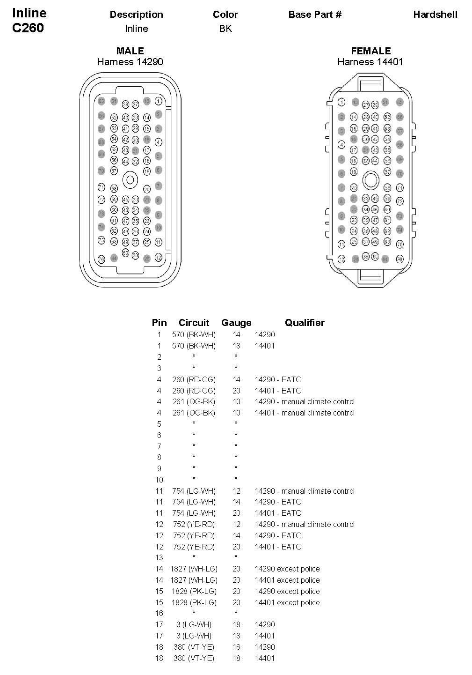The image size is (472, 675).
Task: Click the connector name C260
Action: click(28, 28)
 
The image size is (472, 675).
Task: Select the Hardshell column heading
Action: click(435, 15)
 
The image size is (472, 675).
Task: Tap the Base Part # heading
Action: click(315, 15)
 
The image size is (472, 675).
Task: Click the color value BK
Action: click(225, 29)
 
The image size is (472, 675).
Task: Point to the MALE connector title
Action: click(130, 51)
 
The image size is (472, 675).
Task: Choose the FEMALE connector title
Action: click(370, 51)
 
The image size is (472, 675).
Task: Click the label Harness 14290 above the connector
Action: click(130, 62)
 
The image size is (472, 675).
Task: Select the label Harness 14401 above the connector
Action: click(370, 62)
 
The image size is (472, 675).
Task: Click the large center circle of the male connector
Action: click(130, 180)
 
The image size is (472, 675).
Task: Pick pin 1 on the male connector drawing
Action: click(159, 101)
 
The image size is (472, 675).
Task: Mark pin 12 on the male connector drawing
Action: click(159, 258)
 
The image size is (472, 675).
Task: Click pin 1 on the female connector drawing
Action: click(342, 103)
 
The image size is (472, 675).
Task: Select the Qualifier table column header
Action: click(305, 323)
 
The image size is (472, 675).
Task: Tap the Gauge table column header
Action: click(236, 323)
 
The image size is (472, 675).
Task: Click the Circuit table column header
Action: click(194, 323)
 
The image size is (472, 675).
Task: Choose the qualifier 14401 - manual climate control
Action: click(305, 413)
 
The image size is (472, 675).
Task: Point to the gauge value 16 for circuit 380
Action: click(236, 647)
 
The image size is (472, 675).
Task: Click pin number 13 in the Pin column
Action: click(159, 557)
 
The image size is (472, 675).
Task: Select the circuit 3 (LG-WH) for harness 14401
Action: click(194, 636)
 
